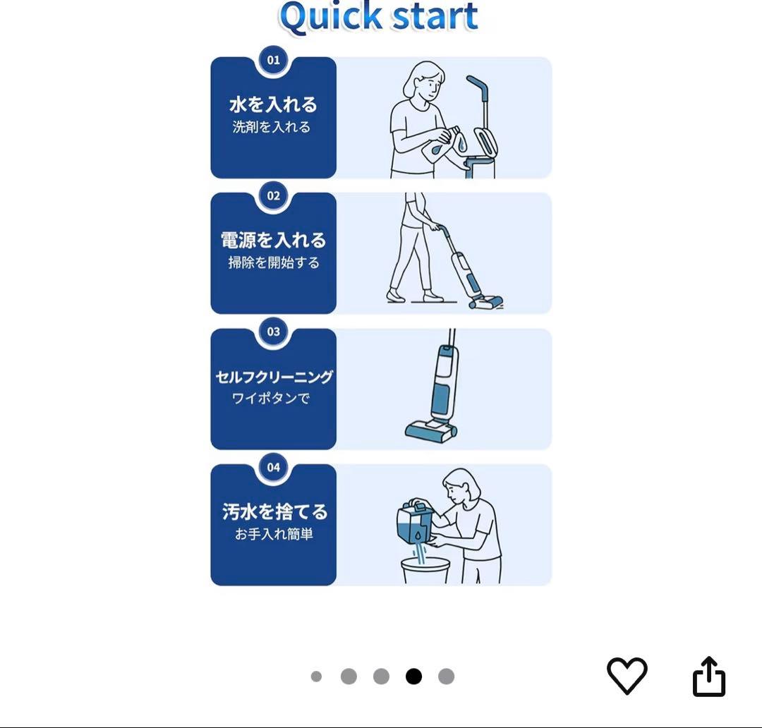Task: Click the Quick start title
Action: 379,17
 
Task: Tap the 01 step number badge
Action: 273,61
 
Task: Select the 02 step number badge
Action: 273,196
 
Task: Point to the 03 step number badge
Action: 273,332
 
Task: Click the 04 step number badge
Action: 273,467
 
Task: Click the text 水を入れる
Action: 273,105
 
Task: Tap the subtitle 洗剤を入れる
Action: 272,128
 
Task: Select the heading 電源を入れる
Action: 273,241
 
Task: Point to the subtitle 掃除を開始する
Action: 273,263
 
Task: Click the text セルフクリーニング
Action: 274,377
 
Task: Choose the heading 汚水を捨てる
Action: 274,511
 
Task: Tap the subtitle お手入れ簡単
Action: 274,534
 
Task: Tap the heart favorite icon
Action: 627,675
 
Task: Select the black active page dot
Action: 413,677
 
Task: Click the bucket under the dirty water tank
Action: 425,570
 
